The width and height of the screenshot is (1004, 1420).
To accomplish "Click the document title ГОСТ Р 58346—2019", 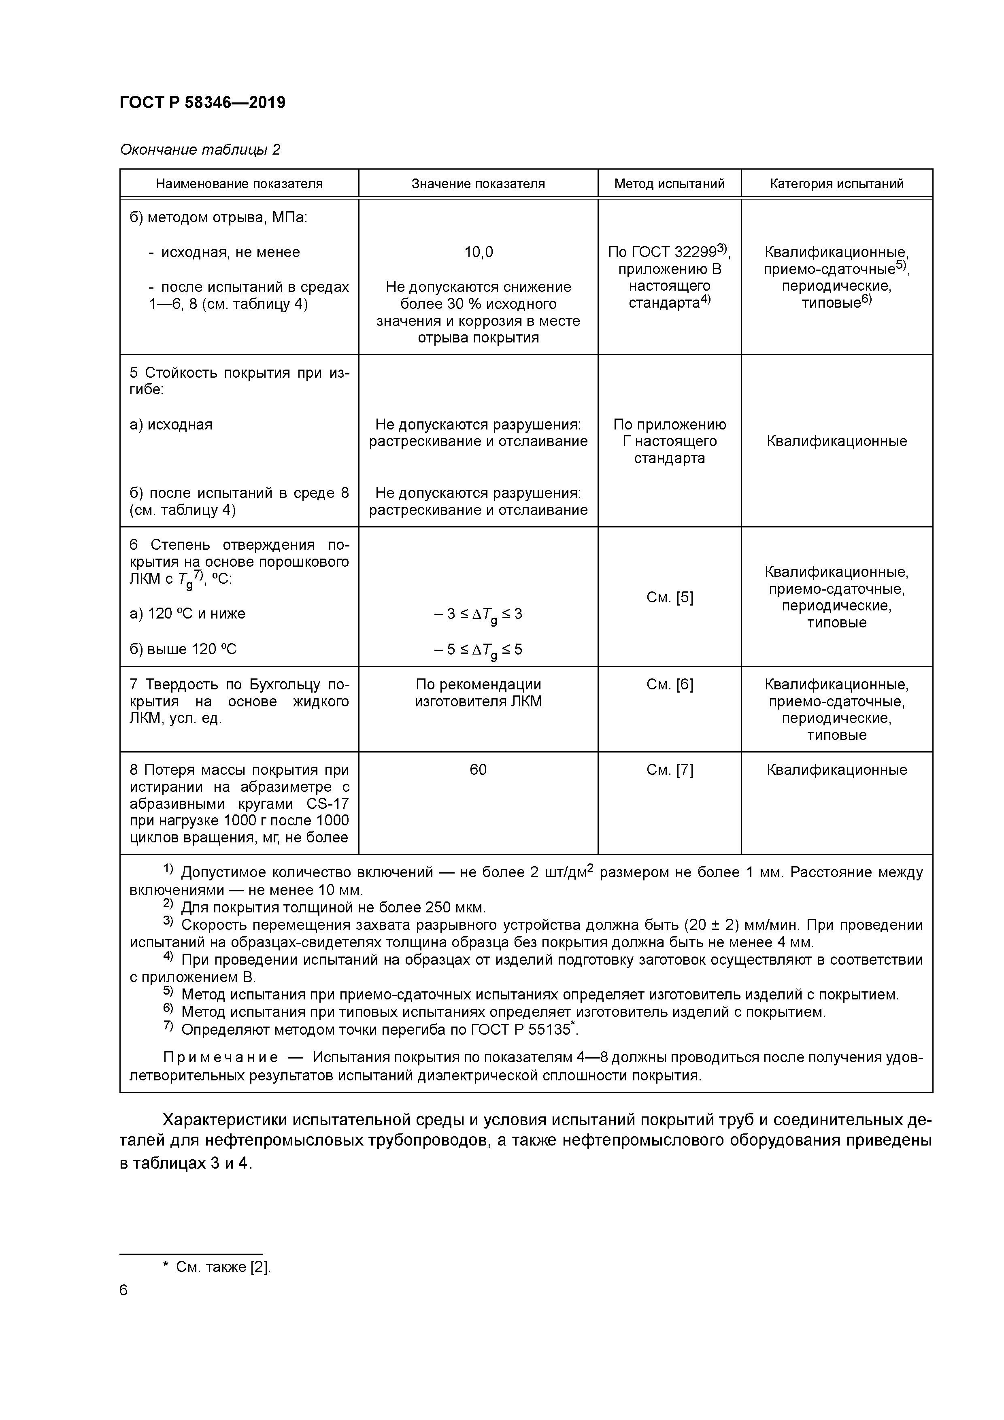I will pos(202,103).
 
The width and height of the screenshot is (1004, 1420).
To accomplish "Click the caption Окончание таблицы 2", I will pos(200,150).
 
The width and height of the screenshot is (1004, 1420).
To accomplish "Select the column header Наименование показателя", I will pos(239,184).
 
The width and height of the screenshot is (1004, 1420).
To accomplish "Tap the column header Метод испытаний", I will pos(669,184).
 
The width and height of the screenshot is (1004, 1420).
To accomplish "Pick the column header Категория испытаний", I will pos(836,184).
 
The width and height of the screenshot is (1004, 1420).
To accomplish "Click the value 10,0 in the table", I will pos(478,252).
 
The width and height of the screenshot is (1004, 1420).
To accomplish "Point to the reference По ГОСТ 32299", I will pos(662,252).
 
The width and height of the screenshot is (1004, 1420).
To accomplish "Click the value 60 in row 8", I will pos(478,770).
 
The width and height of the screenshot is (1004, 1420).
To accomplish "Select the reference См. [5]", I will pos(669,597).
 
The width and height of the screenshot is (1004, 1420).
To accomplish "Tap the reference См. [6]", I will pos(669,684).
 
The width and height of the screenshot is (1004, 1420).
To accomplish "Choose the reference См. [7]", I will pos(669,770).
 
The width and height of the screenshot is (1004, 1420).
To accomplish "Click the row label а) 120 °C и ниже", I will pos(187,614).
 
